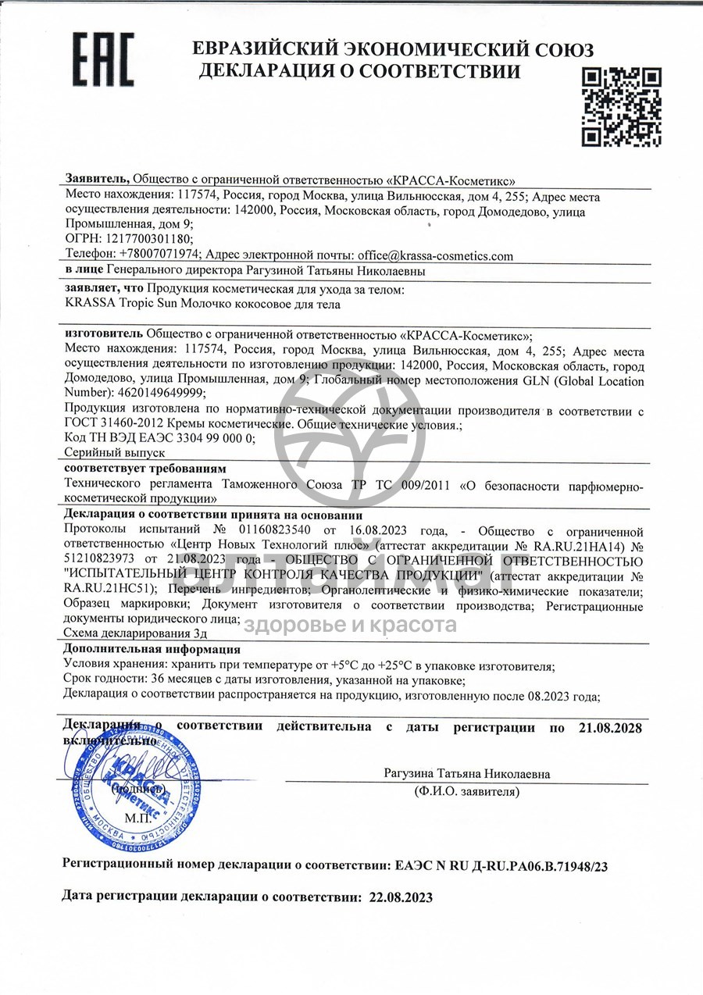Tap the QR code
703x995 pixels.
[x=623, y=107]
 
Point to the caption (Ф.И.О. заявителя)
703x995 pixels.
[x=466, y=792]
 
